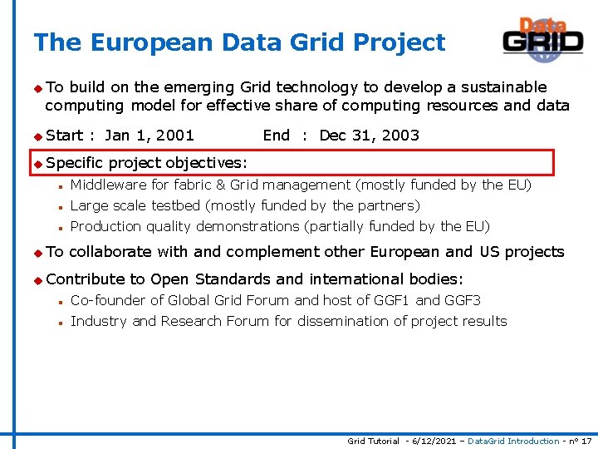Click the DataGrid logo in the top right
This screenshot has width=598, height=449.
[x=542, y=39]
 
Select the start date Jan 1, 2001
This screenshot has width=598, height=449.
[x=149, y=136]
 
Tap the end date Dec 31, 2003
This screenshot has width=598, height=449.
[x=370, y=136]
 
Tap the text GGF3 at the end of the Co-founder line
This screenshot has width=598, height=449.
[x=462, y=300]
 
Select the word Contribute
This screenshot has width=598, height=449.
[x=86, y=279]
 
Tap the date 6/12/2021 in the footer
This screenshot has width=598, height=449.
[x=433, y=441]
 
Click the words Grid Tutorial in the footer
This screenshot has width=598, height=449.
[x=373, y=441]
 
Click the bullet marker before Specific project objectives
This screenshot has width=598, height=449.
[x=37, y=163]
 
